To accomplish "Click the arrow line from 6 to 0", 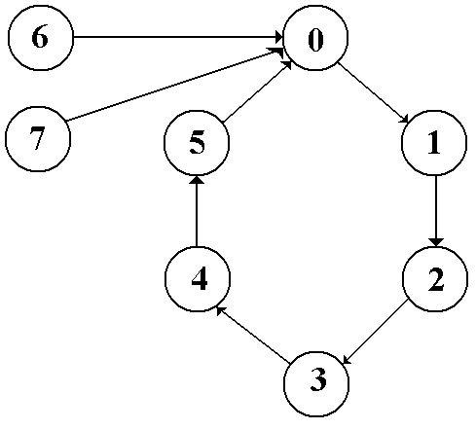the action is click(178, 37).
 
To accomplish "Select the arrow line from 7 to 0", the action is click(174, 85).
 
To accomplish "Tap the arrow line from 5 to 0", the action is click(257, 91).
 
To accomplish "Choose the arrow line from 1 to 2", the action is click(436, 211).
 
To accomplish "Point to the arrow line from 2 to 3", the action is click(375, 332).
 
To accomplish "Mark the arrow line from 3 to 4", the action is click(253, 334).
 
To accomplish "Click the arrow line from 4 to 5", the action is click(197, 211).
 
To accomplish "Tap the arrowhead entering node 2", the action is click(436, 242).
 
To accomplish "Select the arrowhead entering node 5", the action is click(197, 180).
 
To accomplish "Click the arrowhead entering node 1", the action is click(405, 120).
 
